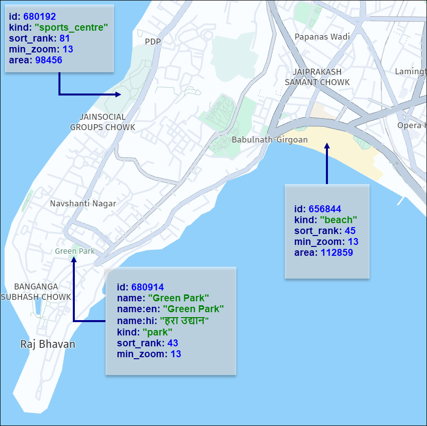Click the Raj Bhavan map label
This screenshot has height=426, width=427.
tap(48, 344)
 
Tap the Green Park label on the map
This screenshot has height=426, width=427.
tap(75, 251)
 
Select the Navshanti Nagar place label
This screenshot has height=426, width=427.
tap(83, 203)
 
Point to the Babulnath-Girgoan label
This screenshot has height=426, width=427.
tap(269, 140)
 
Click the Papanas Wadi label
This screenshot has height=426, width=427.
tap(322, 37)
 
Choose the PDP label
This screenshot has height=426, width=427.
tap(153, 42)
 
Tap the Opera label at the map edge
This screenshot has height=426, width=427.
tap(411, 125)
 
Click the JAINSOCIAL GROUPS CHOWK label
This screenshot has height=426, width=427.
tap(103, 122)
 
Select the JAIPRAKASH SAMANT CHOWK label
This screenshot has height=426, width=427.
tap(317, 77)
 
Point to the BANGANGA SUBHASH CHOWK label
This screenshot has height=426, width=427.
tap(36, 291)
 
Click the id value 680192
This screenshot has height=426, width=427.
tap(40, 17)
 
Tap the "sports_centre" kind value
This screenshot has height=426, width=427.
tap(71, 28)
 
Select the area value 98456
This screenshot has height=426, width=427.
tap(49, 60)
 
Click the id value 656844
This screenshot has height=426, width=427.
tap(325, 209)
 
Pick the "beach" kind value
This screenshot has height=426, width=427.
tap(339, 220)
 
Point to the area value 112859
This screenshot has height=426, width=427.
tap(337, 253)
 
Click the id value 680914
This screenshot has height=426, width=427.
tap(148, 287)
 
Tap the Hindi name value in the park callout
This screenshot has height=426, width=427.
tap(184, 321)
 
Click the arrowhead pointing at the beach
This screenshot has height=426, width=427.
tap(327, 146)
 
